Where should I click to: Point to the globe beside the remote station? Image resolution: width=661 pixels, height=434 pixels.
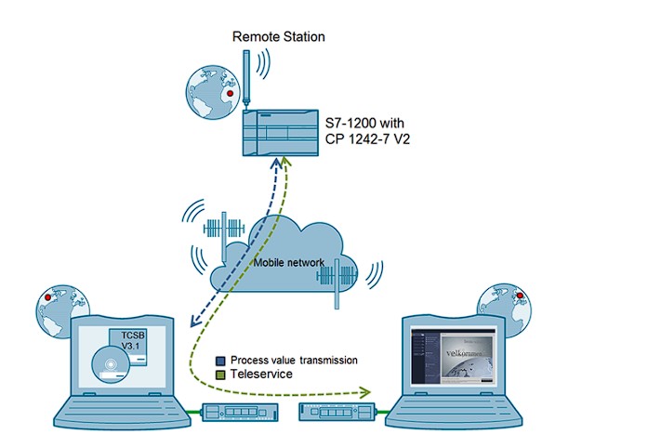click(209, 91)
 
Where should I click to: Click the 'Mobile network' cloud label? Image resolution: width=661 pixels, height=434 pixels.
click(289, 263)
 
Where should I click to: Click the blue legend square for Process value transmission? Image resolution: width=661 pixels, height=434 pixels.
click(220, 361)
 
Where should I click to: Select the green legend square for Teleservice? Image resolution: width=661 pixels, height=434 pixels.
click(220, 375)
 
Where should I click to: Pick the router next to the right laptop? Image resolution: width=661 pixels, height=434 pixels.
click(336, 411)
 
